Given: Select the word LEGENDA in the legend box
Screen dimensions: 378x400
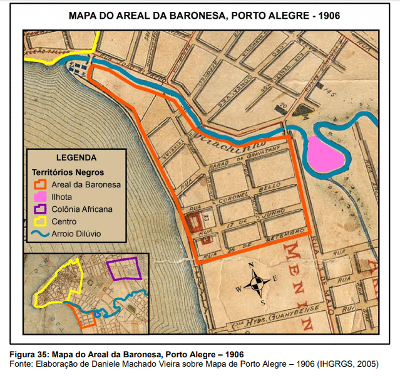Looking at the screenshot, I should pos(76,158).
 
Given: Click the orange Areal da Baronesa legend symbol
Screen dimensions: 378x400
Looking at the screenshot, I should pos(41,184).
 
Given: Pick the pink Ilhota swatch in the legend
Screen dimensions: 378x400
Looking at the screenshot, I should pos(41,197).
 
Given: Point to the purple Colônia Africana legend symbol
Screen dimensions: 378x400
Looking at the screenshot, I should pos(41,209).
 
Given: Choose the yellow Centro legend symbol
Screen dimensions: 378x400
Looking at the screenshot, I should pos(41,221).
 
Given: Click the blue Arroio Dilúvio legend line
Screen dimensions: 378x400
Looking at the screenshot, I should pos(41,234).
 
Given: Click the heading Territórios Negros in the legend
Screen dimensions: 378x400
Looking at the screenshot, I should pos(68,172).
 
